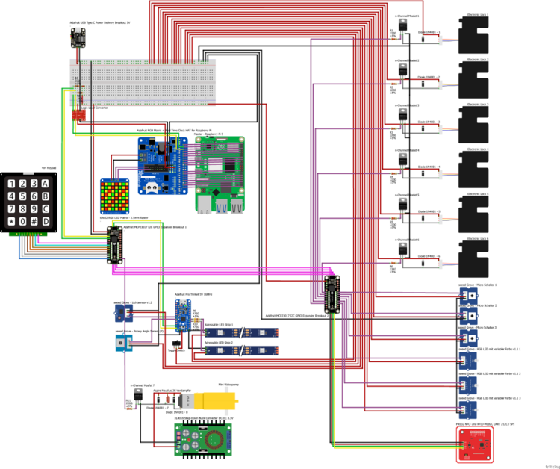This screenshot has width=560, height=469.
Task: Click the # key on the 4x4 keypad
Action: tap(34, 222)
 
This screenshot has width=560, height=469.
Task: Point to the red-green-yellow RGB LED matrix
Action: tap(115, 196)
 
